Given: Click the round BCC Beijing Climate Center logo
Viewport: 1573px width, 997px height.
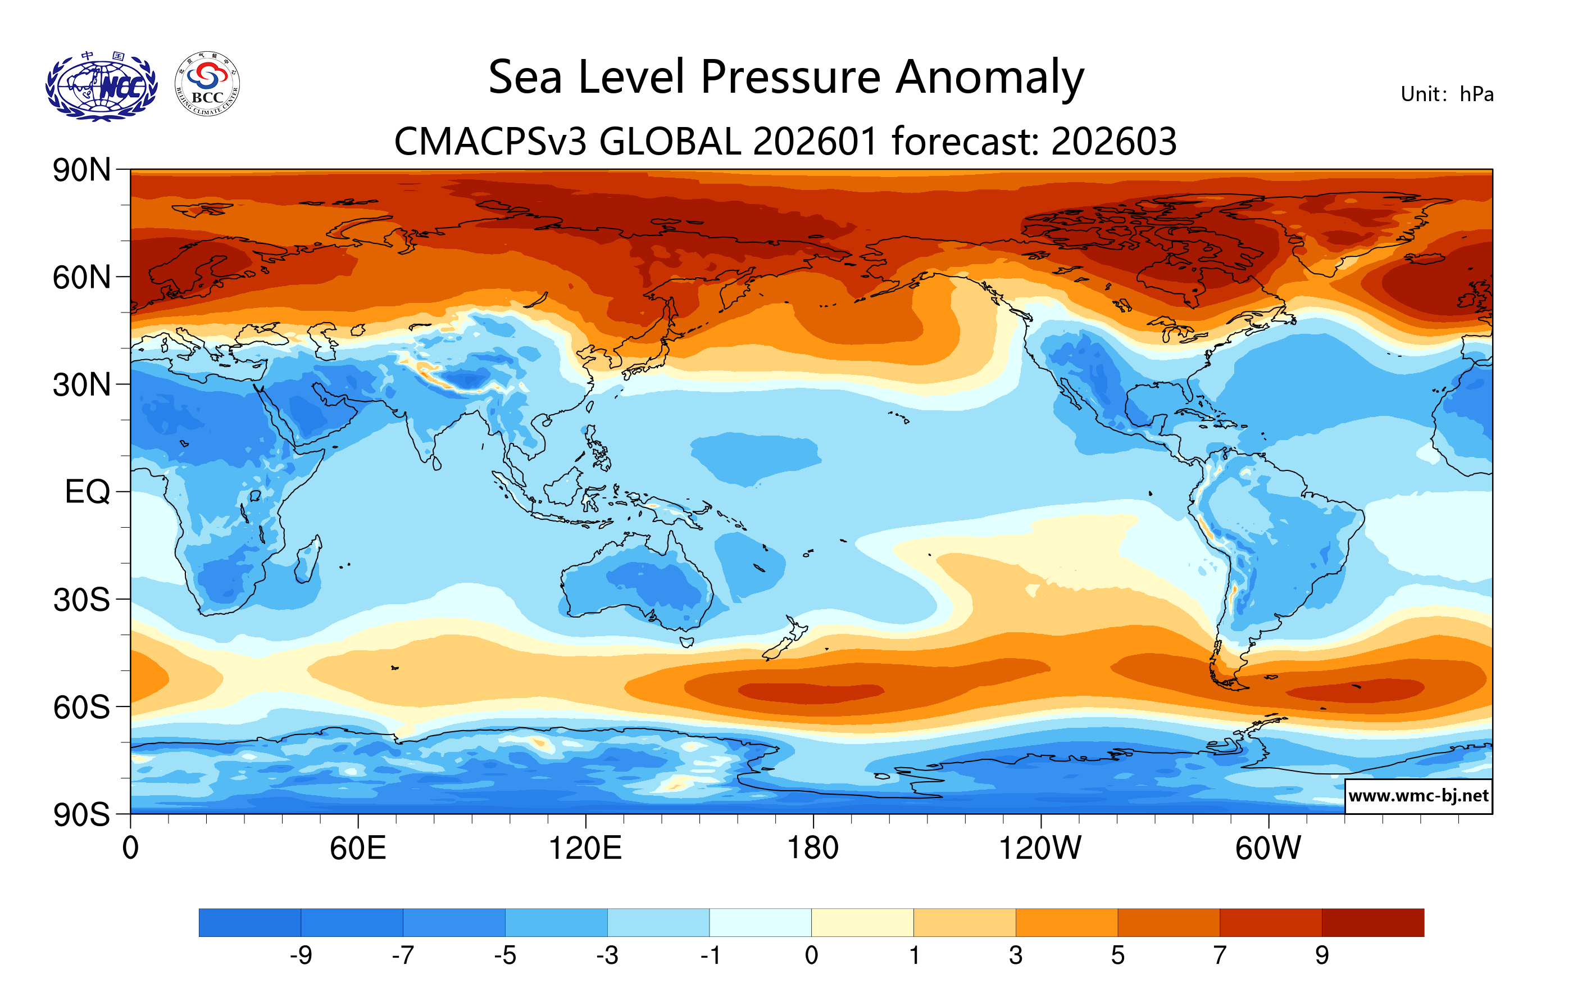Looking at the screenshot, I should pyautogui.click(x=207, y=84).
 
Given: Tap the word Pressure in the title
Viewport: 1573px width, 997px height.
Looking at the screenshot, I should pyautogui.click(x=790, y=77).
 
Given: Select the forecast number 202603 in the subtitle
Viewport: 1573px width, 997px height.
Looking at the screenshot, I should pyautogui.click(x=1114, y=141).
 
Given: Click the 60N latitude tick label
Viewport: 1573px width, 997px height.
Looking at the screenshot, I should pyautogui.click(x=81, y=278).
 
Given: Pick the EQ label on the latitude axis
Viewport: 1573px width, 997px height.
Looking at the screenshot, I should pyautogui.click(x=87, y=492).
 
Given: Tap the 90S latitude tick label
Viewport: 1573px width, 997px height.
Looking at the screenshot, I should pyautogui.click(x=81, y=815).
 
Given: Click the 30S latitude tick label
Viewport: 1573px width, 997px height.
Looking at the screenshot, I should pyautogui.click(x=81, y=600).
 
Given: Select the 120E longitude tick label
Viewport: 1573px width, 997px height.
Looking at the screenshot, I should pyautogui.click(x=585, y=849).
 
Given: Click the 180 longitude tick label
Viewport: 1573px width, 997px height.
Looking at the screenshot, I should pyautogui.click(x=813, y=849).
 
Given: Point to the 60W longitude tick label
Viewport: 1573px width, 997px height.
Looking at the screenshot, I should pyautogui.click(x=1268, y=849).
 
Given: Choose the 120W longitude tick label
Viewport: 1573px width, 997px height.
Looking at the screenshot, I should pyautogui.click(x=1040, y=849).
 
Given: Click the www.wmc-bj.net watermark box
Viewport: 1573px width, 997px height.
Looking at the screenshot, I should pyautogui.click(x=1418, y=796).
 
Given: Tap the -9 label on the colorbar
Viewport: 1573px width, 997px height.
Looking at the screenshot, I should pyautogui.click(x=301, y=956).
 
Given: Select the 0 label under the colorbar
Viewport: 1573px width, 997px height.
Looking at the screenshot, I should pyautogui.click(x=811, y=956).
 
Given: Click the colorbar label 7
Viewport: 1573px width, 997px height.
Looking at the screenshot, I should pyautogui.click(x=1220, y=956).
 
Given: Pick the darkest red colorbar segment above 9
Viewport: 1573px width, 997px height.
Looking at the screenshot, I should pyautogui.click(x=1372, y=922).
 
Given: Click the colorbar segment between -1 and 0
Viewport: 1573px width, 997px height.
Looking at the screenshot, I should pyautogui.click(x=760, y=922).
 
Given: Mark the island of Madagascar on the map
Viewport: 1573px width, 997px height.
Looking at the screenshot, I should pyautogui.click(x=308, y=560).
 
